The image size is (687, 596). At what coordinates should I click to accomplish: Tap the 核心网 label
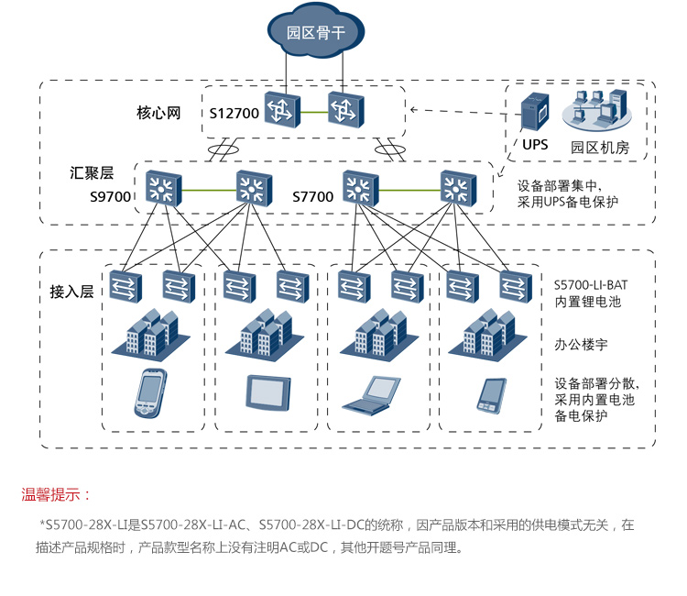pyautogui.click(x=158, y=113)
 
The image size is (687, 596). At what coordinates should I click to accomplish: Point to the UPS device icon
pyautogui.click(x=535, y=114)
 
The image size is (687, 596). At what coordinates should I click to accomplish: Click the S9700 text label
pyautogui.click(x=110, y=196)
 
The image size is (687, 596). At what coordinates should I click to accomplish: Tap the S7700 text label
pyautogui.click(x=312, y=196)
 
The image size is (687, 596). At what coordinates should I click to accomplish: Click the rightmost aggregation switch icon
pyautogui.click(x=453, y=188)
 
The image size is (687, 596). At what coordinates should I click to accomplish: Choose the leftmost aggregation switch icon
pyautogui.click(x=163, y=188)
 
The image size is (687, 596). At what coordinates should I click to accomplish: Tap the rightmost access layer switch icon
pyautogui.click(x=516, y=286)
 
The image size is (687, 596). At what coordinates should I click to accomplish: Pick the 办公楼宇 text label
pyautogui.click(x=582, y=346)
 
